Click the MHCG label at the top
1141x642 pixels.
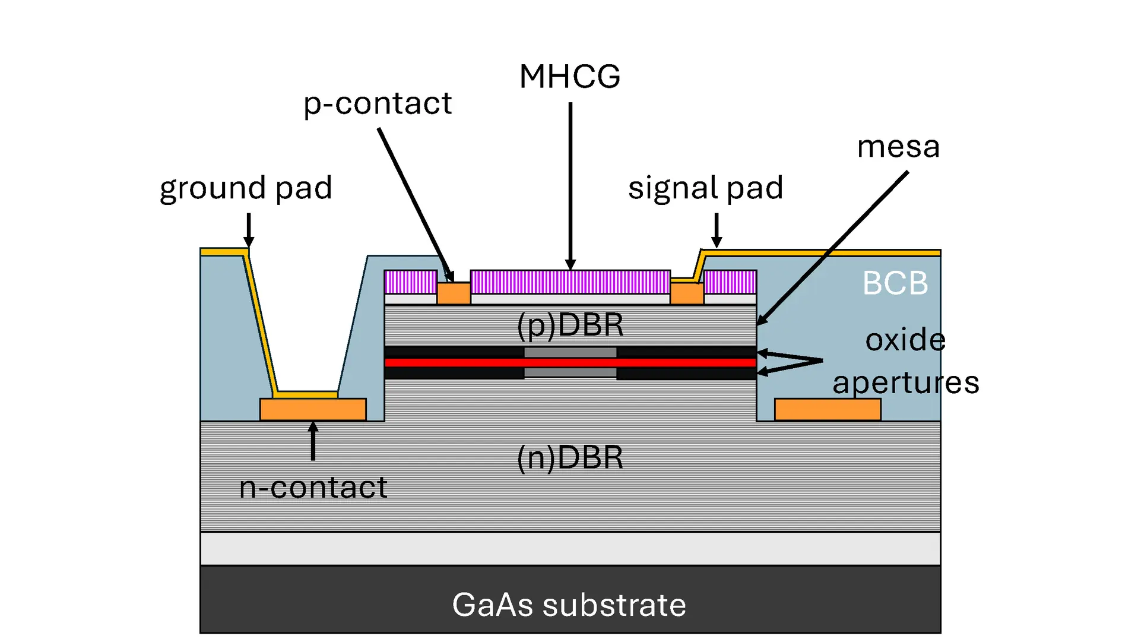pos(570,77)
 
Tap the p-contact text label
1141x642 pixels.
pos(378,104)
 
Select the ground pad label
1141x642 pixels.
pos(246,188)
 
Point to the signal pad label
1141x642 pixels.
pos(706,188)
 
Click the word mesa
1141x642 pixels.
pos(898,147)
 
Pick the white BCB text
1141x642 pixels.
pos(895,283)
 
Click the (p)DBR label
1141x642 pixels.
pos(570,325)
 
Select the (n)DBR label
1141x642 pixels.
pos(570,458)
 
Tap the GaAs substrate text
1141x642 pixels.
pos(569,605)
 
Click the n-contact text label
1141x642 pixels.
pos(313,488)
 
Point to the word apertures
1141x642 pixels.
pos(905,382)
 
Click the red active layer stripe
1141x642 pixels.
pos(570,362)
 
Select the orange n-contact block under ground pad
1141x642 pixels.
pos(313,409)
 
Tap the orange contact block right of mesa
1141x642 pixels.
pos(828,409)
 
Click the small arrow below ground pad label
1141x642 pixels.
pos(249,230)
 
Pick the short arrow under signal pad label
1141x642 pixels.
pos(717,230)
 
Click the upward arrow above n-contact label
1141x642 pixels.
pos(313,441)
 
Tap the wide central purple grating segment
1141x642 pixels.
pos(570,282)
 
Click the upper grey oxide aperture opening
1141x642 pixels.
pos(570,352)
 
